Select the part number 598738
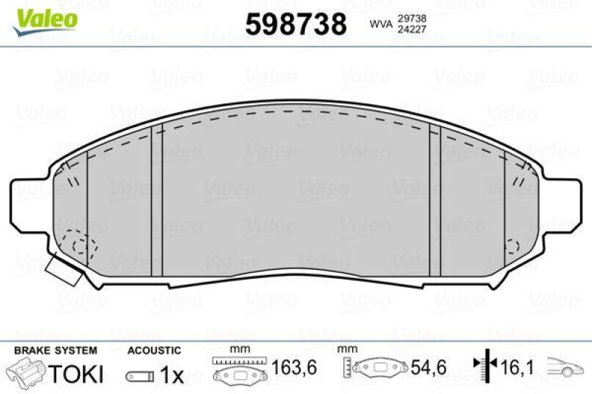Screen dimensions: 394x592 point(295,24)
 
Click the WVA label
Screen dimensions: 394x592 point(380,24)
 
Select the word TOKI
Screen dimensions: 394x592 point(75,373)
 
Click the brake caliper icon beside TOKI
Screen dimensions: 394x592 point(27,373)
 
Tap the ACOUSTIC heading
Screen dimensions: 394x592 point(153,350)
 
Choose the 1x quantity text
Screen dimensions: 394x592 point(172,375)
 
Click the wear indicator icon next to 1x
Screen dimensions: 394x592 point(141,376)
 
